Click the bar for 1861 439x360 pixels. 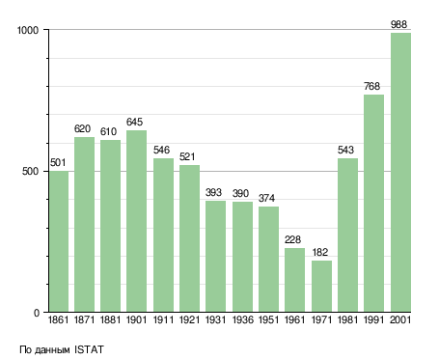tap(59, 241)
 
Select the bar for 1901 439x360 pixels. tap(136, 221)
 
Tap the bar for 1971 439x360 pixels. tap(321, 287)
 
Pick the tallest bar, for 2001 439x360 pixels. tap(400, 173)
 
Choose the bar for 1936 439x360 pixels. tap(242, 257)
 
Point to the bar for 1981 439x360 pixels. tap(347, 235)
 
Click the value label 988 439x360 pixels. tap(398, 24)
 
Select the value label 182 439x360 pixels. tap(320, 252)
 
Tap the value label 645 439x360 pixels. tap(134, 122)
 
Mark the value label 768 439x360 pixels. tap(371, 86)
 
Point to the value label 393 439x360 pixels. tap(213, 192)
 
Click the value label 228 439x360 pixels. tap(292, 239)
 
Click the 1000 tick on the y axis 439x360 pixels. tap(28, 30)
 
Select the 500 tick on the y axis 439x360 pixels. tap(30, 172)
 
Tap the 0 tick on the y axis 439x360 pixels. tap(37, 313)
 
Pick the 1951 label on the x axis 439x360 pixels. tap(268, 320)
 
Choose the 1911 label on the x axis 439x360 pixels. tap(163, 320)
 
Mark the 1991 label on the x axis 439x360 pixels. tap(373, 320)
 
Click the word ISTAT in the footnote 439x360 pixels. tap(89, 349)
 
